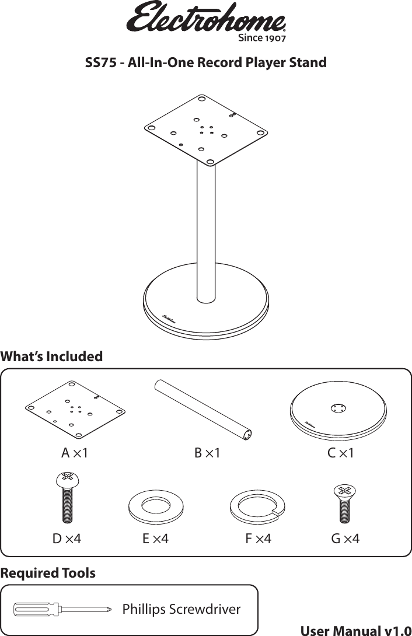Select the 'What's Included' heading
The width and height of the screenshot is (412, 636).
51,356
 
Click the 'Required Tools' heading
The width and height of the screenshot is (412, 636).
48,573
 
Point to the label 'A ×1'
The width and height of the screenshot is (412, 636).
75,453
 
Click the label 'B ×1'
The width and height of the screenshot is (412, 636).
207,453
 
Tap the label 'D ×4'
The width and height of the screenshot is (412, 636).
67,538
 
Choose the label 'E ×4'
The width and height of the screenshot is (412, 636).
156,538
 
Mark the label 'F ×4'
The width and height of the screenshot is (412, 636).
258,538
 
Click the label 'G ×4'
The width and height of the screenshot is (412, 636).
345,538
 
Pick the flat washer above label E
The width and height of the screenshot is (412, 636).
156,504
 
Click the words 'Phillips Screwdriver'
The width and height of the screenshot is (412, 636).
181,609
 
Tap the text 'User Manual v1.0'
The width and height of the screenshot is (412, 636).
355,630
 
